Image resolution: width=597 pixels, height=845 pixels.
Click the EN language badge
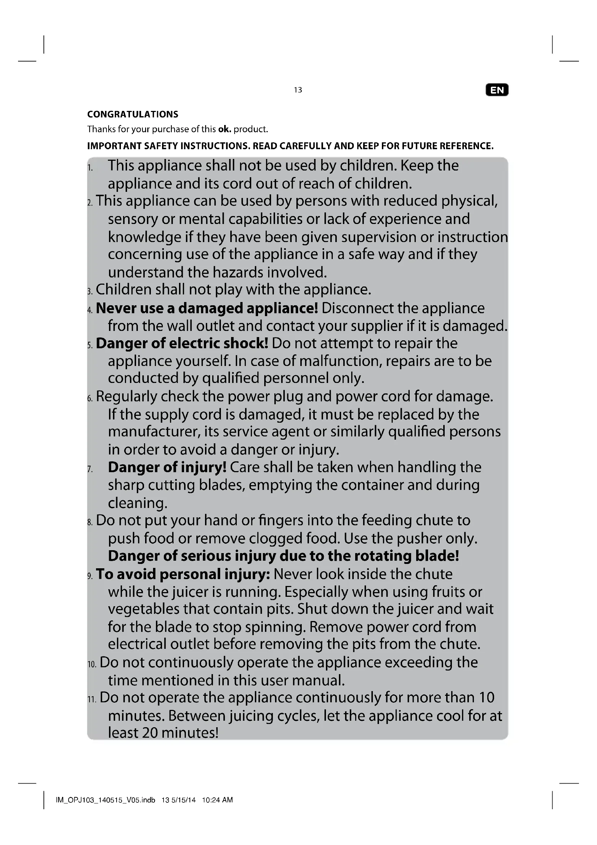tap(497, 90)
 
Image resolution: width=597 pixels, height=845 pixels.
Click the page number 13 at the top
tap(298, 90)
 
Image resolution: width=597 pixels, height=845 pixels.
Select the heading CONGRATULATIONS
tap(133, 115)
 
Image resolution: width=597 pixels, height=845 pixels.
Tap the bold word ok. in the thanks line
tap(225, 129)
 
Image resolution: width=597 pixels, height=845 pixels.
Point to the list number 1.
tap(90, 168)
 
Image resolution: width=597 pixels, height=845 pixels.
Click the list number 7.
tap(90, 469)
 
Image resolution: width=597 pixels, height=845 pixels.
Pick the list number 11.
tap(92, 699)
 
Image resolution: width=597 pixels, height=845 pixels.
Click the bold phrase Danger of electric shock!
tap(182, 343)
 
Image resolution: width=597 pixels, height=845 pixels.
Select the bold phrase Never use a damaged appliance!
tap(207, 309)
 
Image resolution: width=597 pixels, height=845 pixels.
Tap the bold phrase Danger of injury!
tap(167, 467)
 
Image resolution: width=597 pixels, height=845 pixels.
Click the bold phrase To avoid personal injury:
tap(183, 574)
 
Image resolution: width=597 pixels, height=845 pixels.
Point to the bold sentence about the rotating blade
tap(283, 556)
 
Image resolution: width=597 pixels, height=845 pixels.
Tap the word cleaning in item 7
tap(138, 503)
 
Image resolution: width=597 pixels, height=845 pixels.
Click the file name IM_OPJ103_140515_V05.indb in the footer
tap(105, 800)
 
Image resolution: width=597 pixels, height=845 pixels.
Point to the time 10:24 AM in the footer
tap(217, 800)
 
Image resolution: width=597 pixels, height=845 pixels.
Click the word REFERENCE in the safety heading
tap(466, 146)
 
